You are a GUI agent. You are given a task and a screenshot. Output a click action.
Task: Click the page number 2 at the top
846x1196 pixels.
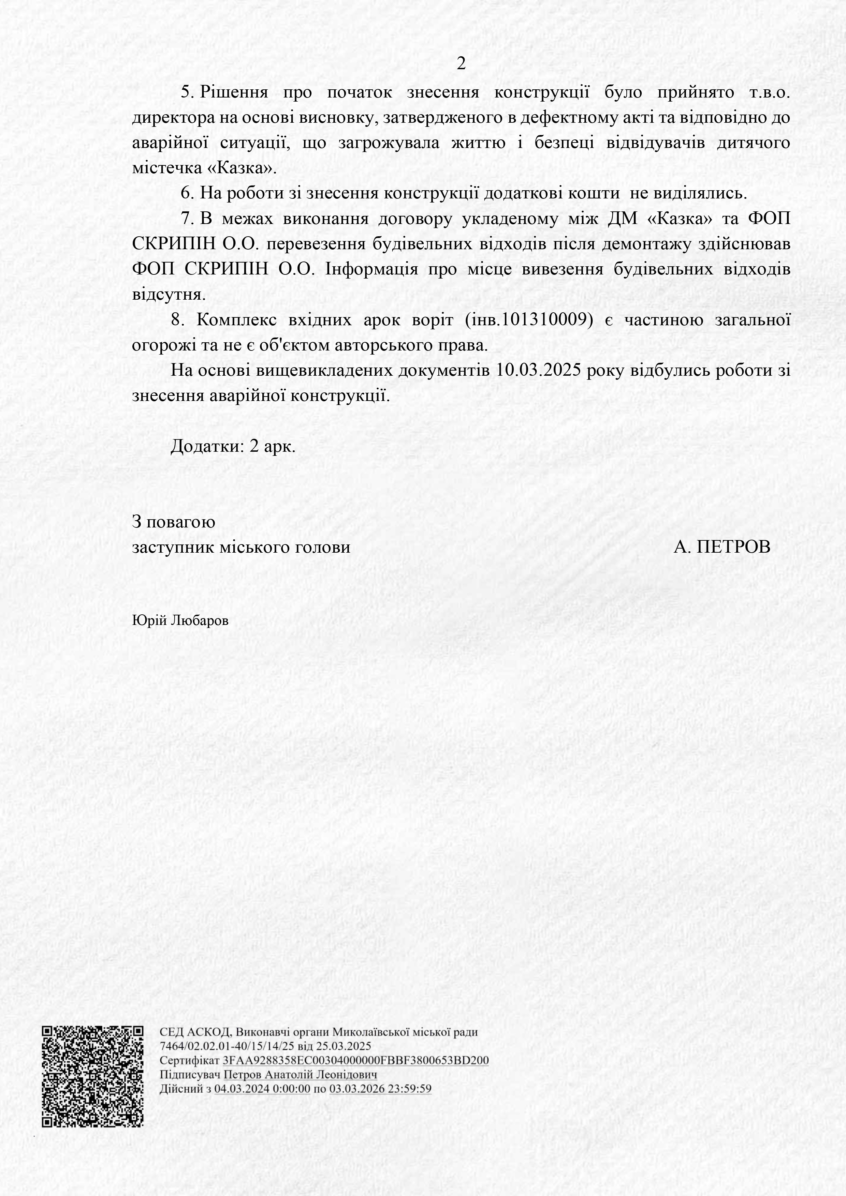tap(461, 63)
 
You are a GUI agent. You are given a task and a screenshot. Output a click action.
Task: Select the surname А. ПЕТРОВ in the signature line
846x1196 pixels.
tap(721, 547)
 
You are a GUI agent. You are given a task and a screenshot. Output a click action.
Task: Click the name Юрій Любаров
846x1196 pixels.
tap(180, 621)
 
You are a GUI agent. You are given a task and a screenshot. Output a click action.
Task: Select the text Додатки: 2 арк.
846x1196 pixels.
tap(233, 446)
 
